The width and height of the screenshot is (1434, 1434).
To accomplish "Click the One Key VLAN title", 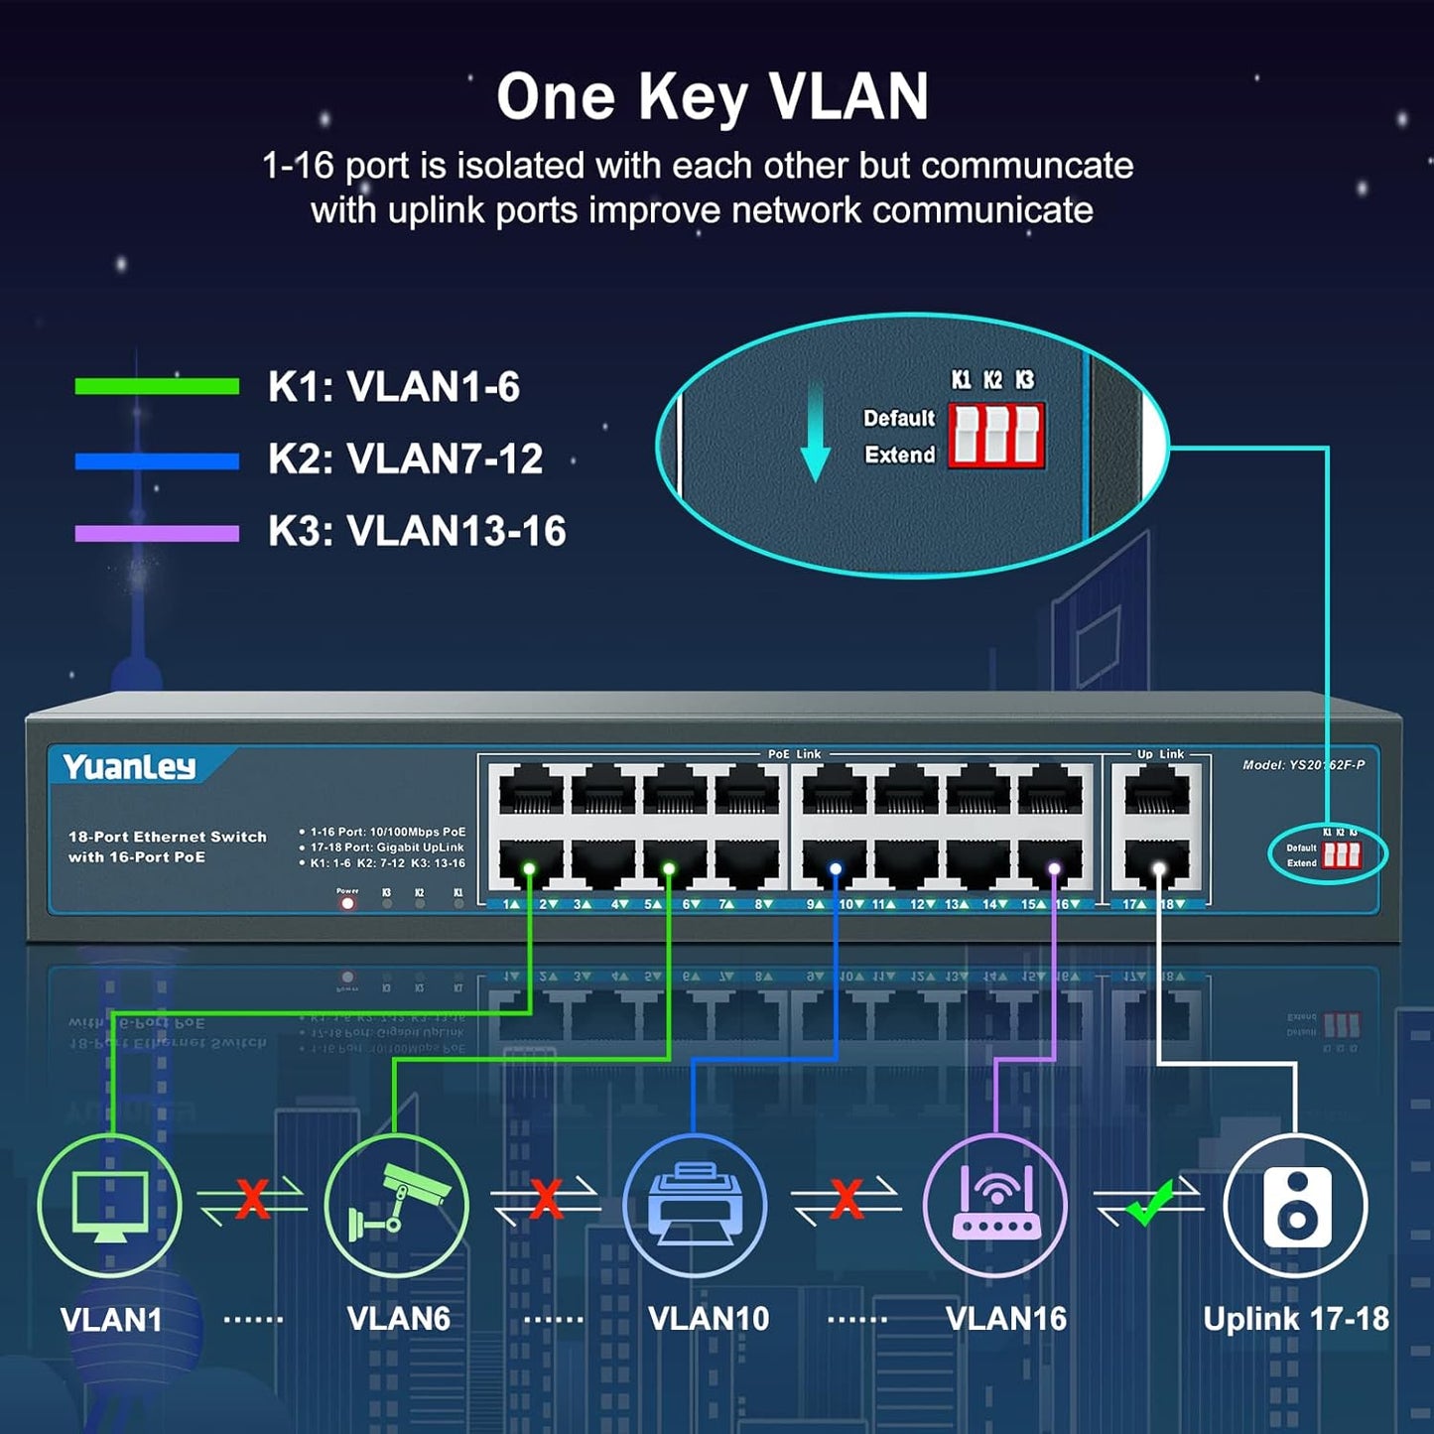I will point(713,97).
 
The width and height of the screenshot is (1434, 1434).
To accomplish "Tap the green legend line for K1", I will point(157,386).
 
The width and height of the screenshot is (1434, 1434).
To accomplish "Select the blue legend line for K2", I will point(157,460).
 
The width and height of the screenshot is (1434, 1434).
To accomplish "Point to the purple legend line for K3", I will point(157,533).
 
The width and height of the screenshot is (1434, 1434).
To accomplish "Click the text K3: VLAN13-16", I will point(417,531).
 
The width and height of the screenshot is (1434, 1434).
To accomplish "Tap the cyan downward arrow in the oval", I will point(815,437).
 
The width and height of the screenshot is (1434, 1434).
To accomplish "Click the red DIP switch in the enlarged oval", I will point(995,436).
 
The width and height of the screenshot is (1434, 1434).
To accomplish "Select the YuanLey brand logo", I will point(129,766).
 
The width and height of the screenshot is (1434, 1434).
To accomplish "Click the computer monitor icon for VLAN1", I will point(110,1205).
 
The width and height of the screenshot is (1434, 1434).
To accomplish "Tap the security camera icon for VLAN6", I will point(397,1203).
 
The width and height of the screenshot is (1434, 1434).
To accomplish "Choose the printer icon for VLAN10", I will point(695,1204).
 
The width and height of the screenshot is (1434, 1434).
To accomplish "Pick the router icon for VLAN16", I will point(995,1204).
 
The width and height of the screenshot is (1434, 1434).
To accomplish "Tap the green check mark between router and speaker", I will point(1149,1203).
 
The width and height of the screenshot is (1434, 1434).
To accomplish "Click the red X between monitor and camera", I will point(252,1199).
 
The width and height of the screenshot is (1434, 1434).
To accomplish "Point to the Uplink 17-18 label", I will point(1295,1319).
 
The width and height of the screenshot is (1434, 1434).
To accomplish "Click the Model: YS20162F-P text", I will point(1303,764).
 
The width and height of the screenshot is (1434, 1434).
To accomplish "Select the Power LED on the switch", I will point(347,903).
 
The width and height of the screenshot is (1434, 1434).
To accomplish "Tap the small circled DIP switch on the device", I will point(1341,854).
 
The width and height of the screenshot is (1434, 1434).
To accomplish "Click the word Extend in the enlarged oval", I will point(899,455).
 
